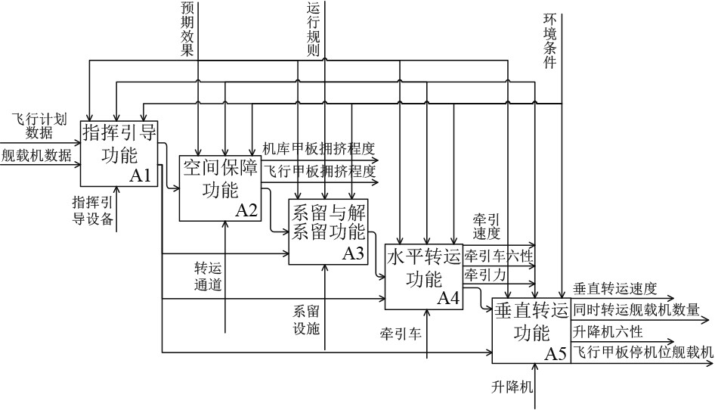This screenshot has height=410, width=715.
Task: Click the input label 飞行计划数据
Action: (x=40, y=126)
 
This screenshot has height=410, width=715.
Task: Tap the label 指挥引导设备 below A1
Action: (x=93, y=211)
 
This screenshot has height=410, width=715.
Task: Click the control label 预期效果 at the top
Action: (x=187, y=30)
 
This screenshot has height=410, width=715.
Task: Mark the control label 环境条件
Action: (x=550, y=42)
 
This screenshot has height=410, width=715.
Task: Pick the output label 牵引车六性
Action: (x=498, y=256)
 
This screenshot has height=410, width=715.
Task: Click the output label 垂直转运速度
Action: (x=614, y=288)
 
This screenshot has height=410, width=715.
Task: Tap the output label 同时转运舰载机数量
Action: (x=636, y=309)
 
